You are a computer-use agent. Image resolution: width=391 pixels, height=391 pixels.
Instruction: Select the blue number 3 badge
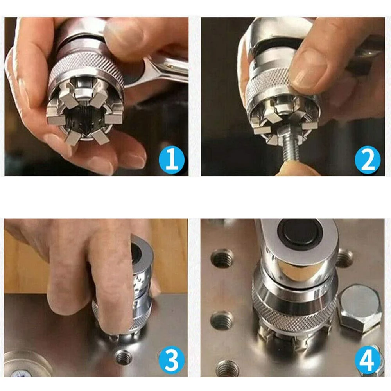pyautogui.click(x=172, y=359)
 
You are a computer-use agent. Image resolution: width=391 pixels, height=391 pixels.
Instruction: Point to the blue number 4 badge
pyautogui.click(x=368, y=359)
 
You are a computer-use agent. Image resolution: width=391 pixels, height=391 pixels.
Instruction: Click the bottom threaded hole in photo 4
pyautogui.click(x=227, y=368)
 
